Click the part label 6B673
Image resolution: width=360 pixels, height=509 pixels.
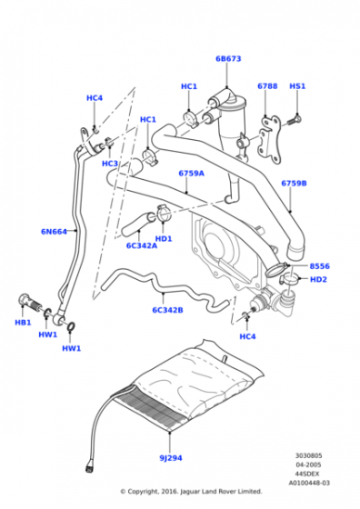pos(228,59)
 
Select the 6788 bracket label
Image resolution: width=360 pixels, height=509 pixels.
pos(267,86)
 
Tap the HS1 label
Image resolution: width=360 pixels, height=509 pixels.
pos(297,86)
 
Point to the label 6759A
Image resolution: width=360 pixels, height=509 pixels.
pos(191,174)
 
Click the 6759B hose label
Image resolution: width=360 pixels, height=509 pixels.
pos(294,184)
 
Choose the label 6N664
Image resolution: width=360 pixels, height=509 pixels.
pos(54,232)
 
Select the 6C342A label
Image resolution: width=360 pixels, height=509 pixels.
pos(142,245)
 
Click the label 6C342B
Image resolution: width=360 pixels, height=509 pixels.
pos(167,310)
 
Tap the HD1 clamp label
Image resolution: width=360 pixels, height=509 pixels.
pos(164,238)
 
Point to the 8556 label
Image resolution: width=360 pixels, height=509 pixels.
pos(319,266)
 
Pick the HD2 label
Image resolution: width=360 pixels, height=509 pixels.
pos(318,280)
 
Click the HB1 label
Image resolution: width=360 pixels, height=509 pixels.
pos(23,323)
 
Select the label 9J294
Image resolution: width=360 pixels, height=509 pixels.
pos(171,458)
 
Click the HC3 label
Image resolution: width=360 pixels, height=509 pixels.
pos(110,164)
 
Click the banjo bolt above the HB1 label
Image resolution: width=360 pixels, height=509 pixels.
pos(31,302)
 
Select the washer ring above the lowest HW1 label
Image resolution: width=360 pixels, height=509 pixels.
pos(72,326)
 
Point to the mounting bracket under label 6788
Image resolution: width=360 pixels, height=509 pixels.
pos(270,140)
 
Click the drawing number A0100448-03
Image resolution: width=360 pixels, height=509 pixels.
pos(309,483)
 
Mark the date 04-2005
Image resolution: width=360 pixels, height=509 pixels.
pos(308,464)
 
